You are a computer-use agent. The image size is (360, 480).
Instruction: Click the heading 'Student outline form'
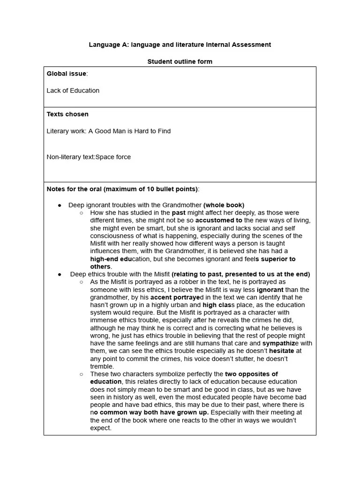[x=180, y=61]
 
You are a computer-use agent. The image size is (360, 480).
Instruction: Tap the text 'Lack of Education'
[x=73, y=90]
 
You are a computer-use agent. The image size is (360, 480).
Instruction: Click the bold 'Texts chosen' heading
[x=67, y=114]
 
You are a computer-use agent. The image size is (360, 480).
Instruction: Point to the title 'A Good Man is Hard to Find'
[x=129, y=131]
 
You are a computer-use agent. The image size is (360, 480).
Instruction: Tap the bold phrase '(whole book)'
[x=224, y=205]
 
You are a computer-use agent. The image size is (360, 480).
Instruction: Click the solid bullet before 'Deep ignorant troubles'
[x=60, y=205]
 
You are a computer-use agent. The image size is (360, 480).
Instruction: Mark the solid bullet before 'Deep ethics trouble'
[x=60, y=274]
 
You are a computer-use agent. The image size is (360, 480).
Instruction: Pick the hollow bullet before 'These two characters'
[x=81, y=374]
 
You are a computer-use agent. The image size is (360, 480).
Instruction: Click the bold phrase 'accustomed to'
[x=219, y=220]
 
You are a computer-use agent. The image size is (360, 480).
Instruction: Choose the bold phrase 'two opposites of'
[x=251, y=374]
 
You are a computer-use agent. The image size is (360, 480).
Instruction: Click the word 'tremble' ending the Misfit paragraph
[x=101, y=366]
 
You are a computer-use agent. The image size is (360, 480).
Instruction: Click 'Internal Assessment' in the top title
[x=238, y=45]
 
